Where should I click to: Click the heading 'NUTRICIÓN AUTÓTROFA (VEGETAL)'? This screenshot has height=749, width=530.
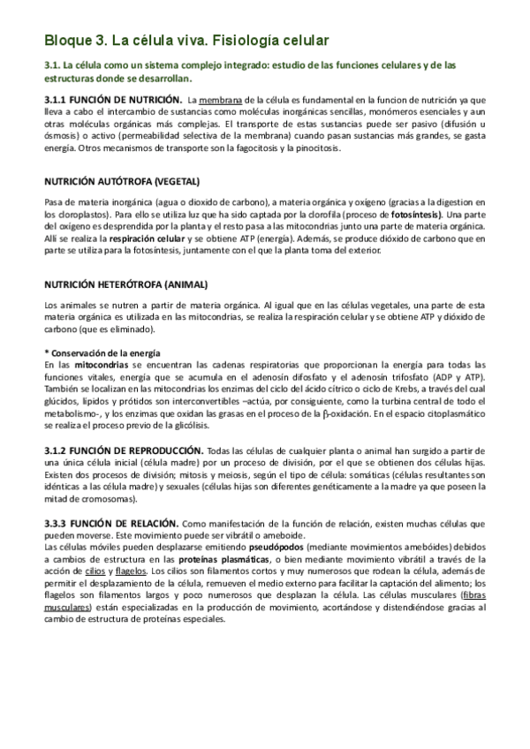[110, 182]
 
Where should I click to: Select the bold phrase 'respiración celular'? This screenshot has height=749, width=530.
[123, 238]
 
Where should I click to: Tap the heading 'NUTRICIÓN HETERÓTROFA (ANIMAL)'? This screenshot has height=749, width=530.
[113, 284]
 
